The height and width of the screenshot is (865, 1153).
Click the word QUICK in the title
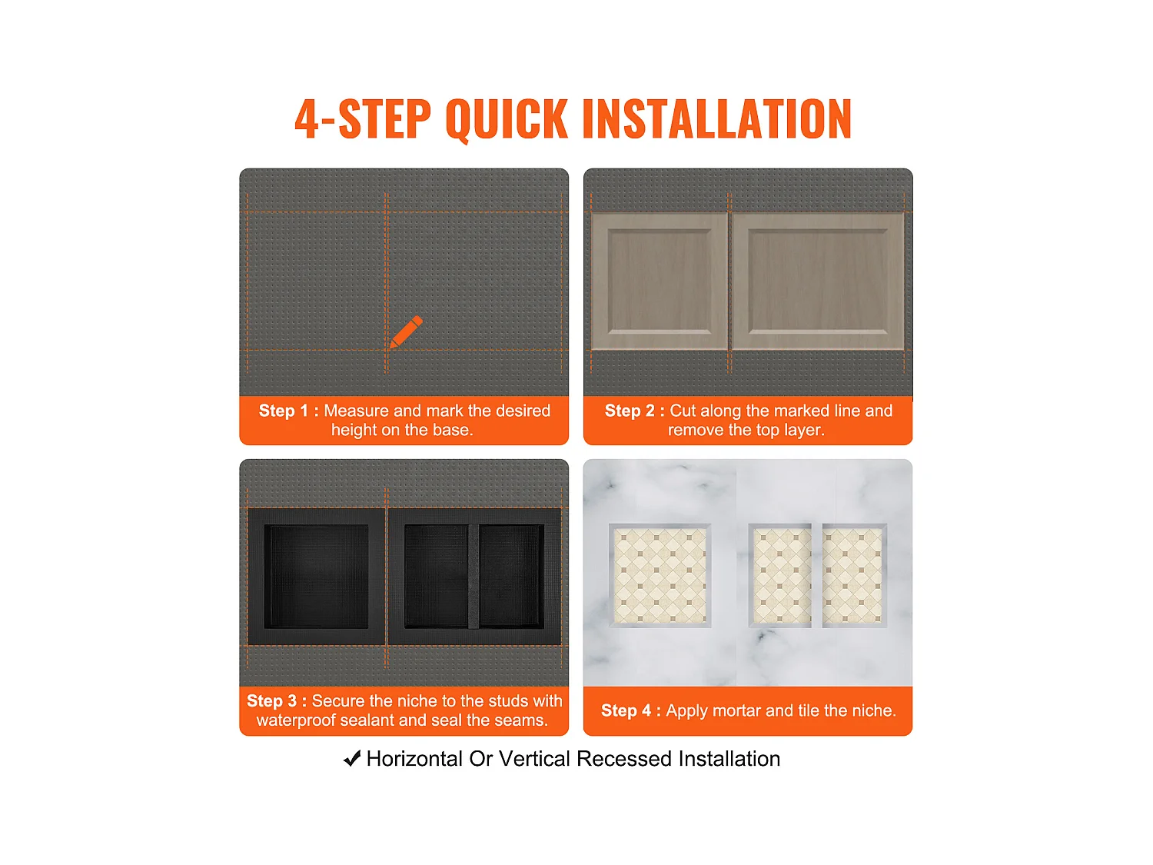click(507, 120)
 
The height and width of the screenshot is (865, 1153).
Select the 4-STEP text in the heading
click(363, 119)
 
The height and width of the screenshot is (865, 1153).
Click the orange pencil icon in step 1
click(406, 331)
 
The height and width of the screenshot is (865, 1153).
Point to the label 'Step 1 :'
click(288, 410)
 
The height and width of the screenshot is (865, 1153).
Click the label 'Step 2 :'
click(635, 410)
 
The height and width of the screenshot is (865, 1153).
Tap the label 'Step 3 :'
click(277, 700)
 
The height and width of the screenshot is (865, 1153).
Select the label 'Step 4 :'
click(631, 710)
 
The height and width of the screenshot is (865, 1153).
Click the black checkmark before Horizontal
click(352, 758)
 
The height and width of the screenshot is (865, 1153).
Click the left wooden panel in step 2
click(660, 281)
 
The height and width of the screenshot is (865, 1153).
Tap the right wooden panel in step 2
click(818, 281)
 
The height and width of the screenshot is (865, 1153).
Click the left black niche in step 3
click(316, 576)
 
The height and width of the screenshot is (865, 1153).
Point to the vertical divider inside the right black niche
click(473, 576)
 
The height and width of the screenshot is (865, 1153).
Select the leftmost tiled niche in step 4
click(660, 575)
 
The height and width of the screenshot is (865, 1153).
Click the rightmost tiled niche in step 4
click(854, 575)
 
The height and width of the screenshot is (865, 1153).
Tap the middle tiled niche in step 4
click(780, 575)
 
